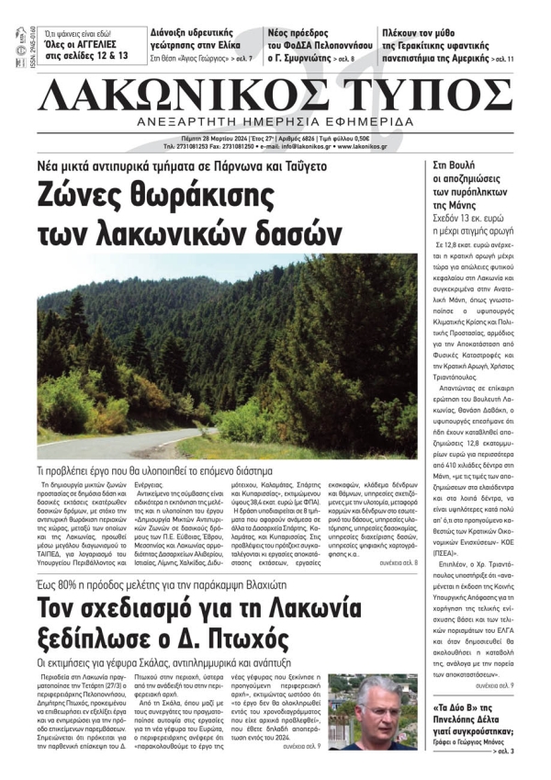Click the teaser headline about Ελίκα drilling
202,36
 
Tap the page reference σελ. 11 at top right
506,59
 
